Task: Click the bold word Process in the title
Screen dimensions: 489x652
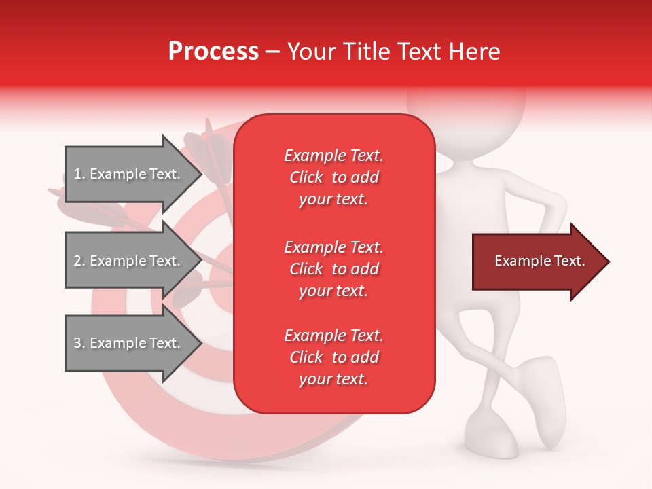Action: [x=213, y=52]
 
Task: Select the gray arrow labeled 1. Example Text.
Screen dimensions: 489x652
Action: [x=129, y=174]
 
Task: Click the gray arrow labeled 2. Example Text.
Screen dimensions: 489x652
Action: [x=129, y=261]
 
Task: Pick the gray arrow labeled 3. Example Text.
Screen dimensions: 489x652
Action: [x=129, y=343]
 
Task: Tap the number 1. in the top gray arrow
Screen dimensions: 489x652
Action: [x=79, y=174]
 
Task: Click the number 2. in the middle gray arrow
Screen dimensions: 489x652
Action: [x=79, y=261]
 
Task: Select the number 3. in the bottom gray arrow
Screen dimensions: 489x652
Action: [x=79, y=343]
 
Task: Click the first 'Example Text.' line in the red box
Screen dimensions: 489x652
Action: [x=333, y=156]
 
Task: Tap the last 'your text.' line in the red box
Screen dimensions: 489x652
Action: [x=333, y=380]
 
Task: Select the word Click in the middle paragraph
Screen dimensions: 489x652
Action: [x=306, y=269]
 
